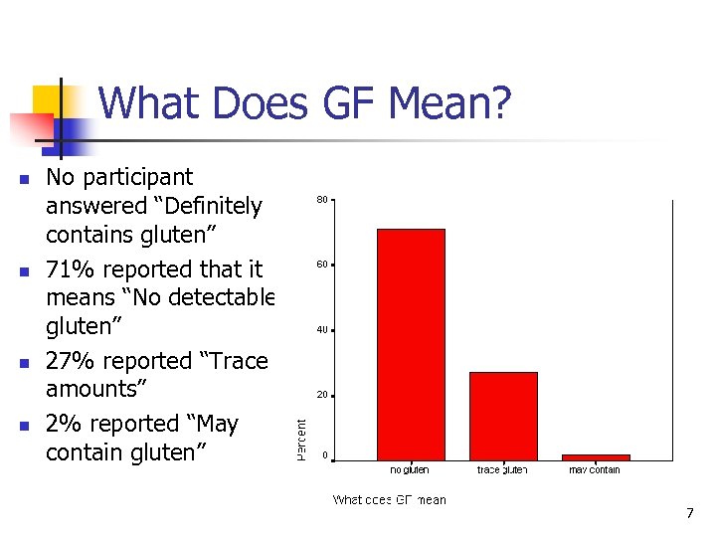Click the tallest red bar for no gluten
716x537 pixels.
411,344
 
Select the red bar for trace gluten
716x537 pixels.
503,416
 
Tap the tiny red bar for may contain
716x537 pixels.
596,457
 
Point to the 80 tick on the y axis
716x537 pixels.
322,200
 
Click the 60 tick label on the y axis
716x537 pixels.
322,266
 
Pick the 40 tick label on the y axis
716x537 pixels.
322,330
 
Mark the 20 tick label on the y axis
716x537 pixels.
322,395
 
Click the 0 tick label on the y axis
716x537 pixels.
324,456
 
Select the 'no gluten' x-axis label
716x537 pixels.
410,470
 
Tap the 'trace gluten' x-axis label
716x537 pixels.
502,470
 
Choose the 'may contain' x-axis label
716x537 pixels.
595,470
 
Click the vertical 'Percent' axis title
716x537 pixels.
301,439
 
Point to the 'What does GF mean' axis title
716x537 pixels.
389,500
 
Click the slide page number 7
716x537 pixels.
689,513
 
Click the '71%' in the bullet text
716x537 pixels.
71,269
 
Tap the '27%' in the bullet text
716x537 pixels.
71,361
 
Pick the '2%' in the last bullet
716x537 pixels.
64,425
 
